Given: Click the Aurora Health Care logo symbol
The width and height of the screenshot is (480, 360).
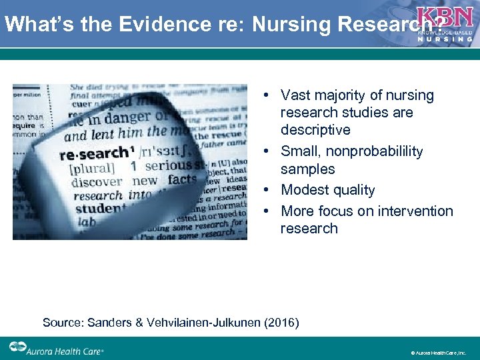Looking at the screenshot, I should [x=18, y=347].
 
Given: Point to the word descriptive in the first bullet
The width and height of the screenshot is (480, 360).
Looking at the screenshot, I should [x=315, y=130].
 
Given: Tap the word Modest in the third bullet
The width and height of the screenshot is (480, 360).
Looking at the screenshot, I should [x=304, y=190].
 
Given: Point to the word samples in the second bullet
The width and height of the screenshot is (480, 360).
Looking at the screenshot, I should [x=308, y=169].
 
